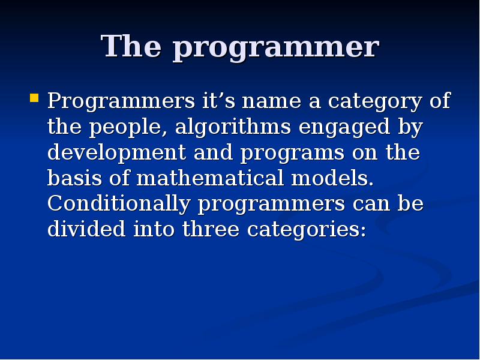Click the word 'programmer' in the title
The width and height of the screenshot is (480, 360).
276,48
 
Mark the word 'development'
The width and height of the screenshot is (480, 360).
117,154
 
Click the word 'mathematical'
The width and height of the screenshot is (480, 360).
212,178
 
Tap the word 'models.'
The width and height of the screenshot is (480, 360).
332,178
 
